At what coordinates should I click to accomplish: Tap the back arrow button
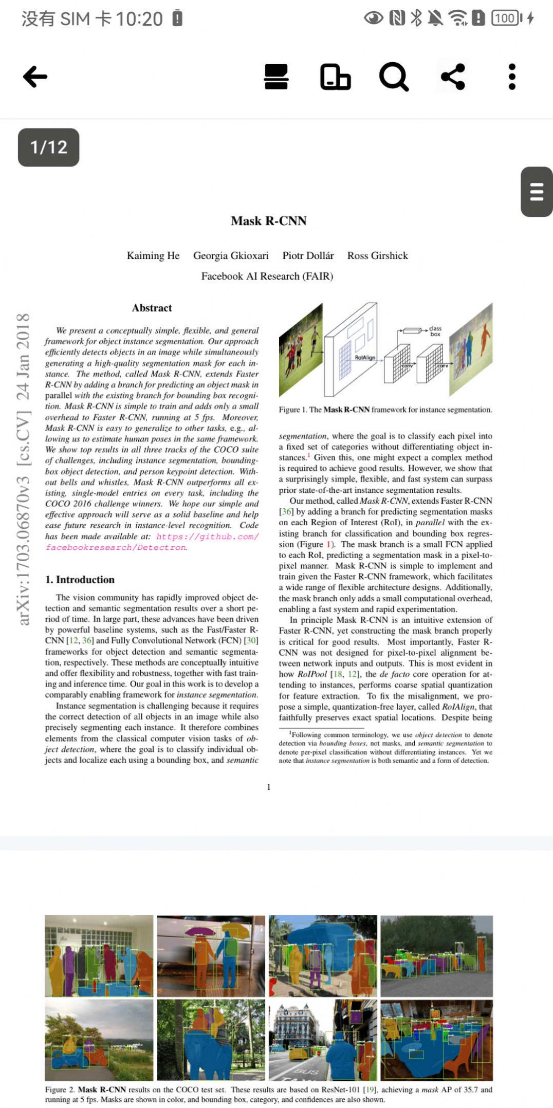[x=35, y=77]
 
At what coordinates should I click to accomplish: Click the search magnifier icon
[x=394, y=77]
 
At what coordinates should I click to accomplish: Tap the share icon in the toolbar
[x=453, y=77]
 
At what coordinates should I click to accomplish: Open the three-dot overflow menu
[x=511, y=77]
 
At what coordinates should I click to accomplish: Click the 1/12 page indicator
[x=49, y=147]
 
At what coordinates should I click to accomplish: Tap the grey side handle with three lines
[x=537, y=192]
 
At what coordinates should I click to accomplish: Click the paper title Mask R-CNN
[x=268, y=221]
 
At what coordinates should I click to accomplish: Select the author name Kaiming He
[x=153, y=255]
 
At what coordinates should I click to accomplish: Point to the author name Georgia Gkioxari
[x=231, y=255]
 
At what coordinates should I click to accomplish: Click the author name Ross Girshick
[x=377, y=255]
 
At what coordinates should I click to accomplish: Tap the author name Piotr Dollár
[x=308, y=255]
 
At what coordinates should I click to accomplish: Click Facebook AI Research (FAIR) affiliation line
[x=267, y=276]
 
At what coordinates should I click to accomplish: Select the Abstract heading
[x=152, y=308]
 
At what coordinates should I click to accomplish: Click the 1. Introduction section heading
[x=80, y=580]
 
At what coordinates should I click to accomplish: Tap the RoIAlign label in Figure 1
[x=365, y=357]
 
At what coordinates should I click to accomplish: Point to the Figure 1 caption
[x=385, y=410]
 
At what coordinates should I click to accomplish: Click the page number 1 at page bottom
[x=268, y=787]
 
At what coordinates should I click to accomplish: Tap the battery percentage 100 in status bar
[x=505, y=19]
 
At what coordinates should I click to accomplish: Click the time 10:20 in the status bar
[x=139, y=19]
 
